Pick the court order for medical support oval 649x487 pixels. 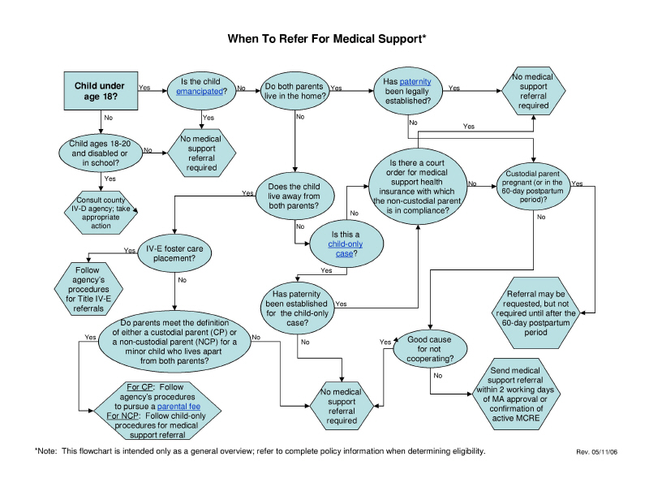tap(417, 184)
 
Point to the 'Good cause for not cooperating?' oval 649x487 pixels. tap(430, 348)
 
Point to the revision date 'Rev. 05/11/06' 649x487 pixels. tap(597, 452)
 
